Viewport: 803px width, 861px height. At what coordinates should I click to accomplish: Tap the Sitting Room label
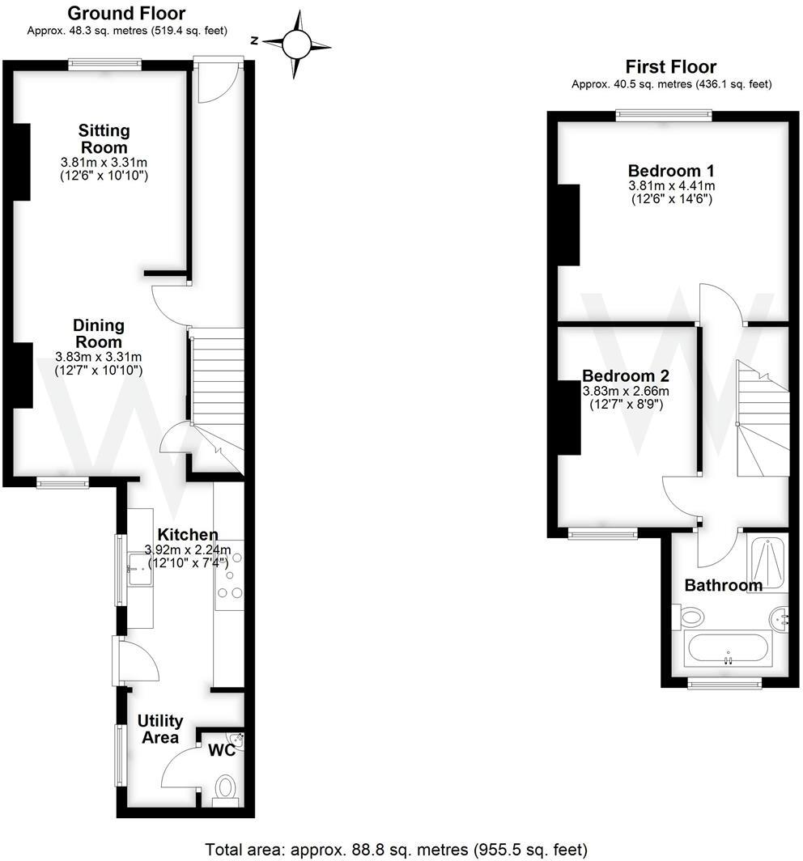pyautogui.click(x=104, y=138)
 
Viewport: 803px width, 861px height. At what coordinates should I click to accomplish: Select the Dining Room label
pyautogui.click(x=99, y=333)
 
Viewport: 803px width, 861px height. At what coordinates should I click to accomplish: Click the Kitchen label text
pyautogui.click(x=187, y=535)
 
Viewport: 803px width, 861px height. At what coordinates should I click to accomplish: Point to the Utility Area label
pyautogui.click(x=159, y=728)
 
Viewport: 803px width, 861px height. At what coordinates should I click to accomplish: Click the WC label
pyautogui.click(x=222, y=751)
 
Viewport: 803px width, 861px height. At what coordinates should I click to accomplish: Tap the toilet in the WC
pyautogui.click(x=226, y=787)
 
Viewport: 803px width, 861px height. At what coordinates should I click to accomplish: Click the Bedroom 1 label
pyautogui.click(x=671, y=172)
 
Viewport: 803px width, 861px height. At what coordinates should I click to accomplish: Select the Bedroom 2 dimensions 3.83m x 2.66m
pyautogui.click(x=626, y=391)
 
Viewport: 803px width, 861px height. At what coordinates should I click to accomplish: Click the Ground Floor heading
pyautogui.click(x=125, y=14)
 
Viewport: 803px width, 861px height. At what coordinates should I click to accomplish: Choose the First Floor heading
pyautogui.click(x=671, y=67)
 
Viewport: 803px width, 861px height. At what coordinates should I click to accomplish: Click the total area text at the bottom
pyautogui.click(x=396, y=850)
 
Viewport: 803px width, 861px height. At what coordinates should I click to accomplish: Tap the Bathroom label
pyautogui.click(x=723, y=585)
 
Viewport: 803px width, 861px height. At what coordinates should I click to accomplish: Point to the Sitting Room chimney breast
pyautogui.click(x=22, y=162)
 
